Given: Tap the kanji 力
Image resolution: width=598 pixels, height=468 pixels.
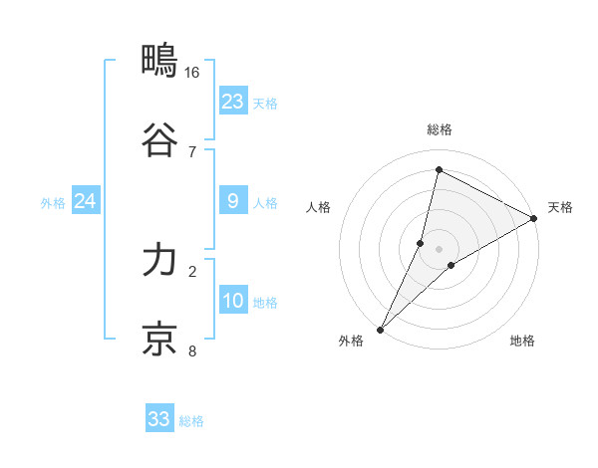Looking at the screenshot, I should click(159, 261).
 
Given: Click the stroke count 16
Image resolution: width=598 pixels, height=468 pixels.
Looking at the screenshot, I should click(191, 72).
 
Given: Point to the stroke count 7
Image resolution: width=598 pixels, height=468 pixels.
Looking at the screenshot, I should click(192, 151).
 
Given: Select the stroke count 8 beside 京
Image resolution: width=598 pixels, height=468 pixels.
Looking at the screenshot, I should click(192, 351).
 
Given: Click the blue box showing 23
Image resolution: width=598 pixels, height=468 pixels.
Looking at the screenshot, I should click(233, 102).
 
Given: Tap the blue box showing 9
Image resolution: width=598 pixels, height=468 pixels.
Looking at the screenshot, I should click(233, 202).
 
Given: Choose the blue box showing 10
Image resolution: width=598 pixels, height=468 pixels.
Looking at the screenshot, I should click(233, 302).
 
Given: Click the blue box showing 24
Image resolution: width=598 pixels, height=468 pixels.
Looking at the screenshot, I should click(85, 202).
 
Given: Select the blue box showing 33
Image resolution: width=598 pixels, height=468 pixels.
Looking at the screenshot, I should click(159, 419).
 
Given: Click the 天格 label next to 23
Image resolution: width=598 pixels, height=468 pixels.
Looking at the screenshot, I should click(265, 104).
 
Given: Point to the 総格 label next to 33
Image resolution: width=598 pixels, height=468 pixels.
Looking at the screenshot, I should click(191, 421).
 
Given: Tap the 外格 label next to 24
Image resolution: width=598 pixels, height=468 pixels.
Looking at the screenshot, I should click(53, 203).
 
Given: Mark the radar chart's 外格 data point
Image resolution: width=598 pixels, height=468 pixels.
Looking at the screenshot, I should click(380, 329).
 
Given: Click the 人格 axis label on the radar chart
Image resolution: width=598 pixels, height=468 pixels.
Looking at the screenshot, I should click(319, 207).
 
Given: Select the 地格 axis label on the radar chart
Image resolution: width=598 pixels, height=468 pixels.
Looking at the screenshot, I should click(522, 342).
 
